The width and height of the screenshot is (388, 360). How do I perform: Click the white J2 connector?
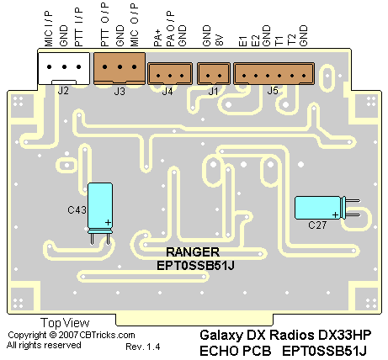pyautogui.click(x=64, y=68)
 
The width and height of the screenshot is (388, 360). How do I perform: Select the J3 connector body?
pyautogui.click(x=120, y=68)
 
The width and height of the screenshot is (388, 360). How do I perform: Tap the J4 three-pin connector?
pyautogui.click(x=170, y=73)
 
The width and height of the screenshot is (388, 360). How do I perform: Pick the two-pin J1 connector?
pyautogui.click(x=214, y=73)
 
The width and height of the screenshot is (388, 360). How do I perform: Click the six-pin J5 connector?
pyautogui.click(x=274, y=73)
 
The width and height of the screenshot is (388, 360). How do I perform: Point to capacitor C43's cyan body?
pyautogui.click(x=100, y=205)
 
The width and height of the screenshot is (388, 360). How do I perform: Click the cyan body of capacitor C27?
pyautogui.click(x=317, y=208)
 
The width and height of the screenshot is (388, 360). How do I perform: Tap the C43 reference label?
pyautogui.click(x=77, y=210)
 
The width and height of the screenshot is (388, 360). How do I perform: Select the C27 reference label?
pyautogui.click(x=317, y=225)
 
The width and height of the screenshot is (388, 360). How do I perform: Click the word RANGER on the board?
pyautogui.click(x=193, y=252)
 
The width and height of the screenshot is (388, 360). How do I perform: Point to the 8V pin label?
pyautogui.click(x=220, y=40)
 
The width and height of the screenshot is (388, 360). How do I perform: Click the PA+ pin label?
pyautogui.click(x=157, y=40)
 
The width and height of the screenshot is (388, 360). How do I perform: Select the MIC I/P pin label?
pyautogui.click(x=48, y=29)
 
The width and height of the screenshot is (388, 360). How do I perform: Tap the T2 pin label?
pyautogui.click(x=292, y=40)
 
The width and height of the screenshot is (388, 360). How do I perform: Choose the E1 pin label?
pyautogui.click(x=243, y=40)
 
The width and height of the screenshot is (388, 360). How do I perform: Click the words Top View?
pyautogui.click(x=65, y=323)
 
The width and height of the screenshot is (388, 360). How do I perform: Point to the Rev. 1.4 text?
pyautogui.click(x=143, y=347)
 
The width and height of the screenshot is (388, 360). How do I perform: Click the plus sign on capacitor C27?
pyautogui.click(x=335, y=215)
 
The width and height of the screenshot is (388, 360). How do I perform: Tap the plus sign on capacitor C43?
pyautogui.click(x=108, y=223)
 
